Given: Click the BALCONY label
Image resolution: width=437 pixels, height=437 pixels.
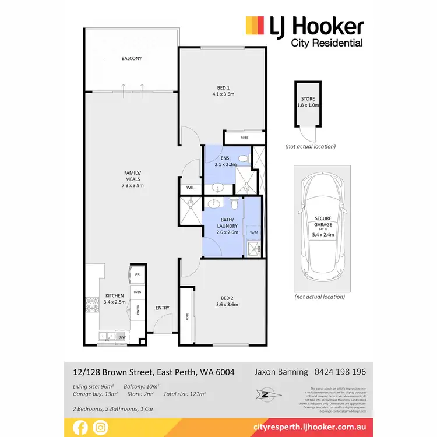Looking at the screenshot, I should [x=132, y=59].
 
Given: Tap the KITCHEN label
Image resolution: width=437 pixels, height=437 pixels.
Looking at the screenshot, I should [x=115, y=295].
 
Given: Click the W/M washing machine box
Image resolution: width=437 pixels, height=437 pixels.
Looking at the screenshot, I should [x=253, y=232].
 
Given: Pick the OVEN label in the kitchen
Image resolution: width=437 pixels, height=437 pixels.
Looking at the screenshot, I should [x=138, y=292].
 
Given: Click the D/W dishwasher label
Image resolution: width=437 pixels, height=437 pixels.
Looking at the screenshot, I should [x=122, y=336].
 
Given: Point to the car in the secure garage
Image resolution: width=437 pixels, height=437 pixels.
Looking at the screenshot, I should [x=322, y=229].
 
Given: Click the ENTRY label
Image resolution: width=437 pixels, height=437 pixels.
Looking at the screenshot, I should [x=162, y=308].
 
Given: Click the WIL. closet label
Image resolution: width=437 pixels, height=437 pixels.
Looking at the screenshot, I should [x=191, y=188].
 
